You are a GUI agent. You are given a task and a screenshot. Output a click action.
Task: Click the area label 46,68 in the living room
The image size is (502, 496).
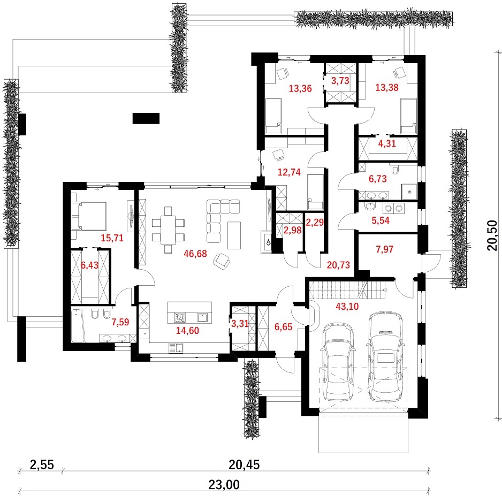tap(195, 254)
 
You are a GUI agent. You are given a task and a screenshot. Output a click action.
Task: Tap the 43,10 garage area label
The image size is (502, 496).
tap(347, 306)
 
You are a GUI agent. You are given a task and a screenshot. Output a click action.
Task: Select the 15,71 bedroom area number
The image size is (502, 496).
tap(112, 238)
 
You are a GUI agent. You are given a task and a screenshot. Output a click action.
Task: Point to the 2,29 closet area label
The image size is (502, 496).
tap(315, 223)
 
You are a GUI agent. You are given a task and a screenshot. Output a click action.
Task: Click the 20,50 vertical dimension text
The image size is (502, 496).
tap(492, 235)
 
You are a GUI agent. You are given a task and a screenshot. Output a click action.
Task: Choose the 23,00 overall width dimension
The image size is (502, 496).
tap(224, 485)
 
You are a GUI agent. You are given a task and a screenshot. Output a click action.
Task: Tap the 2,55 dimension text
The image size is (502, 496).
tap(42, 464)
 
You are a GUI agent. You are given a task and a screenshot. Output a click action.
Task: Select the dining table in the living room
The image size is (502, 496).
tap(168, 230)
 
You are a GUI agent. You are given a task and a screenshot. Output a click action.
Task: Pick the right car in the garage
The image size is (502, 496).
tap(385, 356)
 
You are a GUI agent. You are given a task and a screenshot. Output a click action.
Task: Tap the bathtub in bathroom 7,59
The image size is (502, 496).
tap(78, 325)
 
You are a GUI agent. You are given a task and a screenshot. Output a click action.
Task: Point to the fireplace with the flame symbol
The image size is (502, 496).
tap(267, 242)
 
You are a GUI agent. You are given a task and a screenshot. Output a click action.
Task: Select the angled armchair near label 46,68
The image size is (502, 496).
tap(222, 261)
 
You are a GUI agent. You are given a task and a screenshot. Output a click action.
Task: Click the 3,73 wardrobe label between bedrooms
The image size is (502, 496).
tap(340, 81)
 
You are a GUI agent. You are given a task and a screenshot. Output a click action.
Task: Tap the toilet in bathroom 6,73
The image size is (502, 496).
tap(394, 169)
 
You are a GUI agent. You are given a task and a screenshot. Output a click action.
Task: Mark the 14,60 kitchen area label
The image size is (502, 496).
tap(188, 331)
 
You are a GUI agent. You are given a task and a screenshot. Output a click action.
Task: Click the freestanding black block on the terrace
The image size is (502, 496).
tap(146, 118)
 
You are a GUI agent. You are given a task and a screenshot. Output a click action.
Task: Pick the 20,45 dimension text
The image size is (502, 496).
tap(244, 464)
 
